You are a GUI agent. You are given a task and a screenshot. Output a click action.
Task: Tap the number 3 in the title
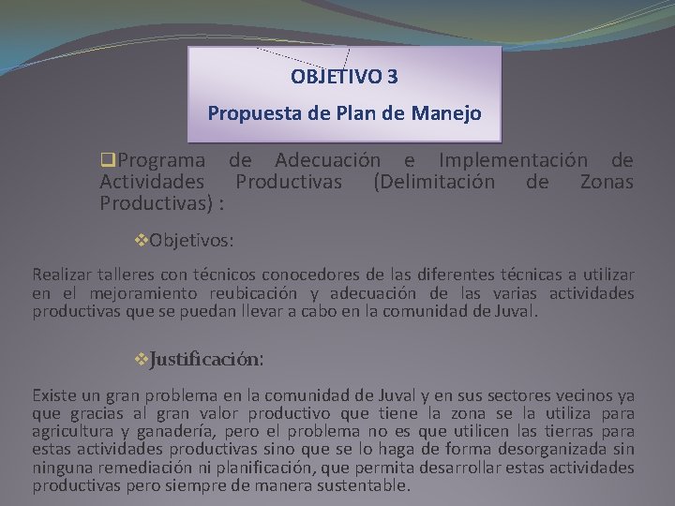click(x=392, y=75)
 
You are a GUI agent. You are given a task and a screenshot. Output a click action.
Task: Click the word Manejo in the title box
click(x=446, y=114)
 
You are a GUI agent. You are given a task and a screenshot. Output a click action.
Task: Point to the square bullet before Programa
click(x=106, y=161)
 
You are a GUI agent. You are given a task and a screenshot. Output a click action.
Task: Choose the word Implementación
click(x=514, y=161)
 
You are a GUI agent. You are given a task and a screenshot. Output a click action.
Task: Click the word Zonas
click(x=607, y=182)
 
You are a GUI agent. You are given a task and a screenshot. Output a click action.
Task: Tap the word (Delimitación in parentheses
click(x=434, y=182)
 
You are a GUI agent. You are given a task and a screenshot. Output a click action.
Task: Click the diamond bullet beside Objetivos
click(x=142, y=240)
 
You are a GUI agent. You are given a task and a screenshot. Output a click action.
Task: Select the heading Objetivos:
click(x=192, y=240)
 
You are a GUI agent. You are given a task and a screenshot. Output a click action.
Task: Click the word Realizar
click(x=62, y=275)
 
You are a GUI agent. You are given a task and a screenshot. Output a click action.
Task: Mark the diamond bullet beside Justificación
click(x=142, y=359)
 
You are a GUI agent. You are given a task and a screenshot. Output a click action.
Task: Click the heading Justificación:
click(x=207, y=359)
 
